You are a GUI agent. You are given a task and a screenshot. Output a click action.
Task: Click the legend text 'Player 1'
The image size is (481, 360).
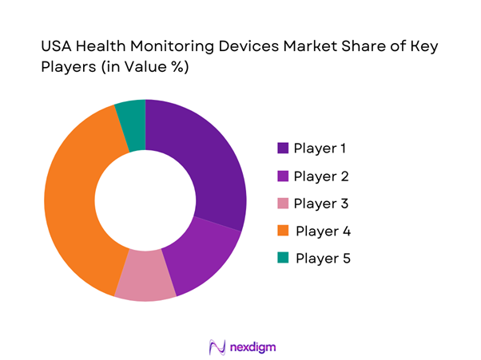pyautogui.click(x=320, y=148)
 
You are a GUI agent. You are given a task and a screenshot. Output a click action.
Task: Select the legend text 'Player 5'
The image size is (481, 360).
pyautogui.click(x=323, y=259)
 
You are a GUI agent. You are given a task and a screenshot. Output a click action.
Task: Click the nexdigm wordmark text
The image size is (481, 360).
pyautogui.click(x=252, y=346)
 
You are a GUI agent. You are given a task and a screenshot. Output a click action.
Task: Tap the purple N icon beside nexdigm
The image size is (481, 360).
pyautogui.click(x=213, y=346)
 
